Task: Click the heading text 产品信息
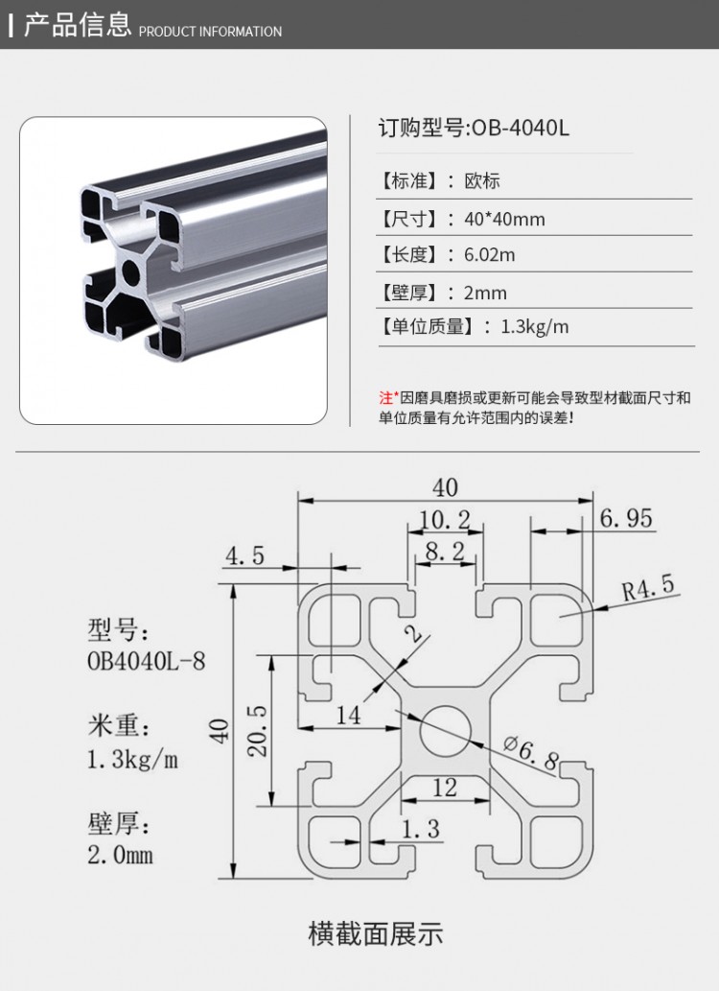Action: [x=77, y=25]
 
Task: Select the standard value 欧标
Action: [x=482, y=180]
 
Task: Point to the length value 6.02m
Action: [x=489, y=254]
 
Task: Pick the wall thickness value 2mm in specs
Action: [x=485, y=292]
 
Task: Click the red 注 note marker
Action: [x=386, y=397]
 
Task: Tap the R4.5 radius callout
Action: [x=648, y=587]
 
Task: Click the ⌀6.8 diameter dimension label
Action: [x=530, y=753]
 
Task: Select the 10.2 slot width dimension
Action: [x=444, y=519]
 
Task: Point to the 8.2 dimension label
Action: [x=444, y=551]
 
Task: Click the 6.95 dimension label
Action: [x=626, y=519]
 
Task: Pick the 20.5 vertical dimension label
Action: [x=257, y=731]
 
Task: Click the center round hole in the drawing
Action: [x=443, y=729]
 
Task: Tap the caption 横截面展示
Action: [x=376, y=932]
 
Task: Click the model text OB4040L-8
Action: [x=146, y=661]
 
